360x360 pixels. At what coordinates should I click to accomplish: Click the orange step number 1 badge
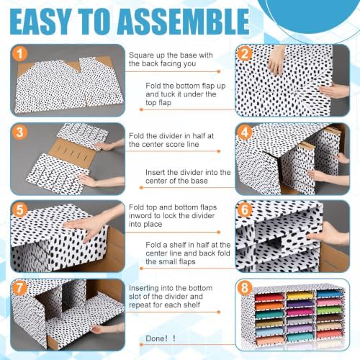[20, 54]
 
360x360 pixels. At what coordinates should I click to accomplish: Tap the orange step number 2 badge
[245, 54]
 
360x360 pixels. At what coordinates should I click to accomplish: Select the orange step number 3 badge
[20, 132]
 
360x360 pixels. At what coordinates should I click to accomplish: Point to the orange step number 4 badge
[245, 132]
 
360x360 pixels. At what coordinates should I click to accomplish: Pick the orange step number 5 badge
[20, 210]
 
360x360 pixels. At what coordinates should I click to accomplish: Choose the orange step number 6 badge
[245, 210]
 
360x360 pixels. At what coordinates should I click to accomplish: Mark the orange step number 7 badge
[20, 288]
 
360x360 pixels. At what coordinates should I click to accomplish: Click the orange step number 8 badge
[245, 288]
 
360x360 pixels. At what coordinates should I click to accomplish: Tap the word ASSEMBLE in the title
[184, 22]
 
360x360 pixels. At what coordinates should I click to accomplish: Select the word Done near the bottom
[156, 338]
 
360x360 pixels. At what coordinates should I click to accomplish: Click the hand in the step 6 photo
[330, 234]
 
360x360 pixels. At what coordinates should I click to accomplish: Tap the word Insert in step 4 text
[156, 172]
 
